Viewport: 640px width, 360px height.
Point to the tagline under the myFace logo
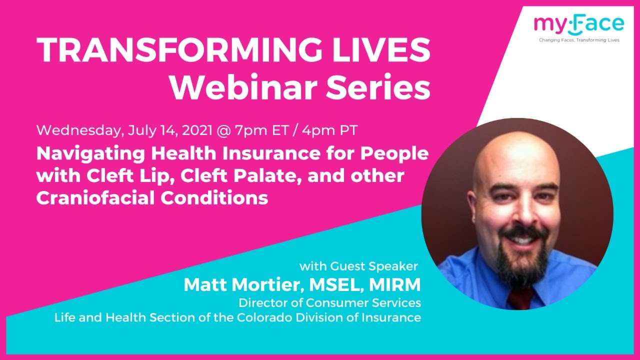coord(578,40)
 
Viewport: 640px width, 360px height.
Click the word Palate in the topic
coord(252,176)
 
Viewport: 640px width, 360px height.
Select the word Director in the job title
coord(263,303)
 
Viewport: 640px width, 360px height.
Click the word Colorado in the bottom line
coord(291,317)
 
